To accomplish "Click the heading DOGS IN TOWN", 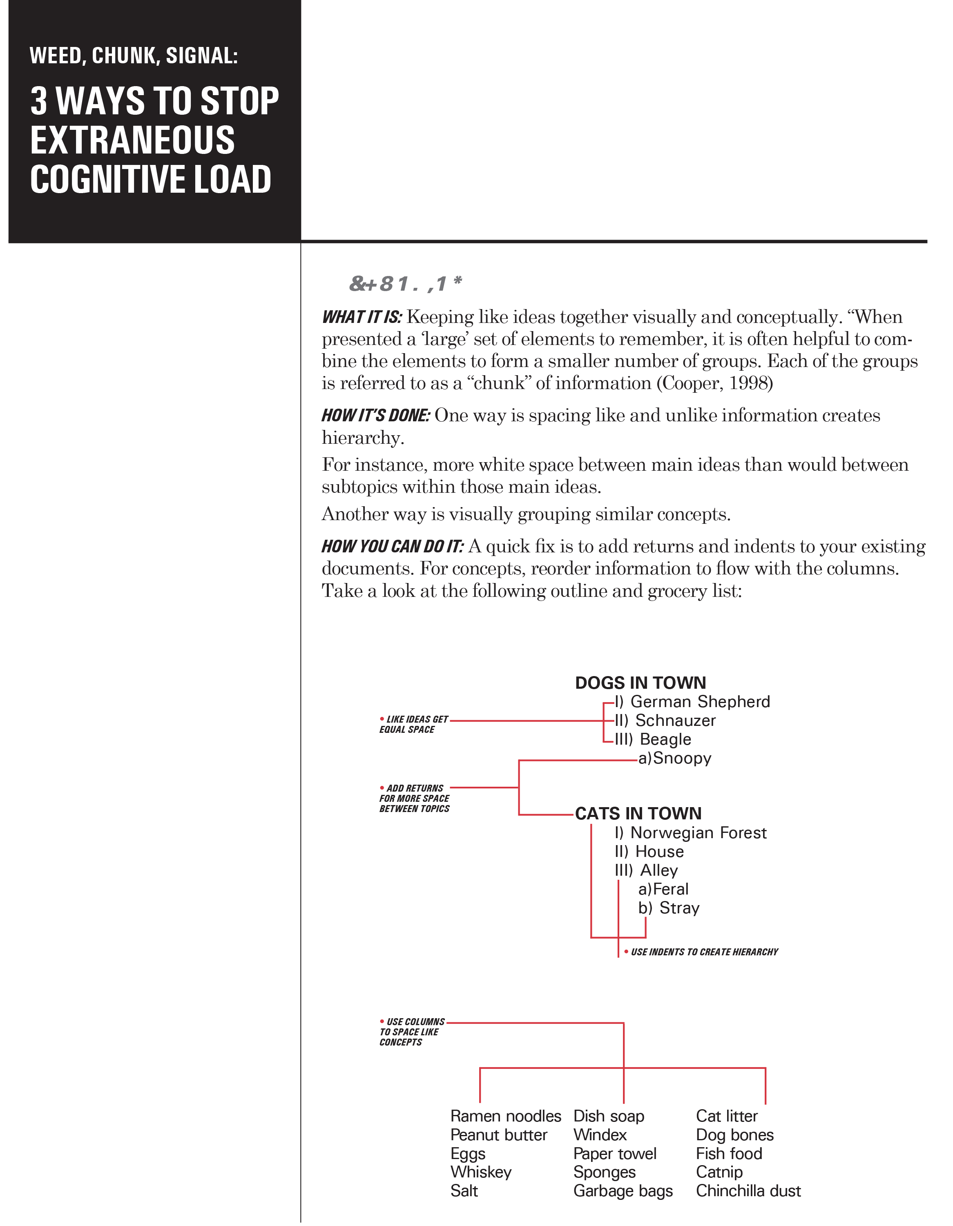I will click(x=640, y=683).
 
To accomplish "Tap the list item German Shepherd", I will click(x=700, y=702).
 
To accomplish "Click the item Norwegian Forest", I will click(x=698, y=832).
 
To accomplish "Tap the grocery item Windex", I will click(x=600, y=1135).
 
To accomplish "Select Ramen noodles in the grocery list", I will click(x=505, y=1116).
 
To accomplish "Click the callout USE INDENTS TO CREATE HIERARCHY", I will click(x=704, y=952).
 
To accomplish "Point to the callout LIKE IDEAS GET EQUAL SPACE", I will click(x=414, y=724).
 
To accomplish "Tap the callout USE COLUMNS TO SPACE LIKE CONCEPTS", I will click(x=412, y=1032).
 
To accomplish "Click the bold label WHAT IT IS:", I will click(x=362, y=317).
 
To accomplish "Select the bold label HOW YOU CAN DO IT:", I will click(x=393, y=546).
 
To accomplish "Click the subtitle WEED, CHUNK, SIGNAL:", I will click(x=134, y=56).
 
